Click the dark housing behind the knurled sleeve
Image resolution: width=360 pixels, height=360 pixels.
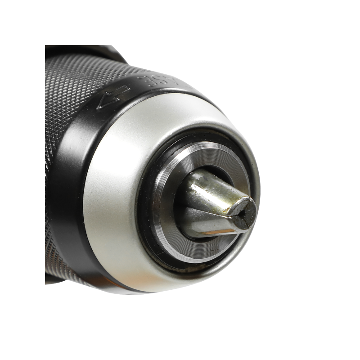tap(81, 52)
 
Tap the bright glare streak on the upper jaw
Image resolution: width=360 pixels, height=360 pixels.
tap(202, 184)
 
